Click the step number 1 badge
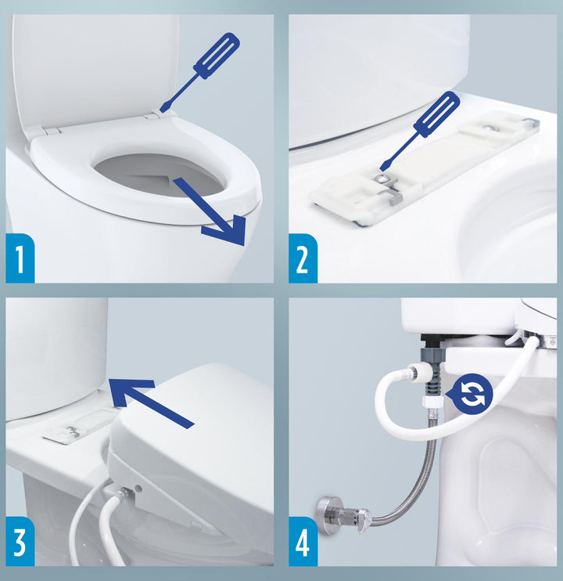(20, 258)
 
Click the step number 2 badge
(303, 258)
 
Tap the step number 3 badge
(20, 541)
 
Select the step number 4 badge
(303, 541)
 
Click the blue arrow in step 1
(211, 212)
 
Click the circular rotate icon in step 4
(469, 394)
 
